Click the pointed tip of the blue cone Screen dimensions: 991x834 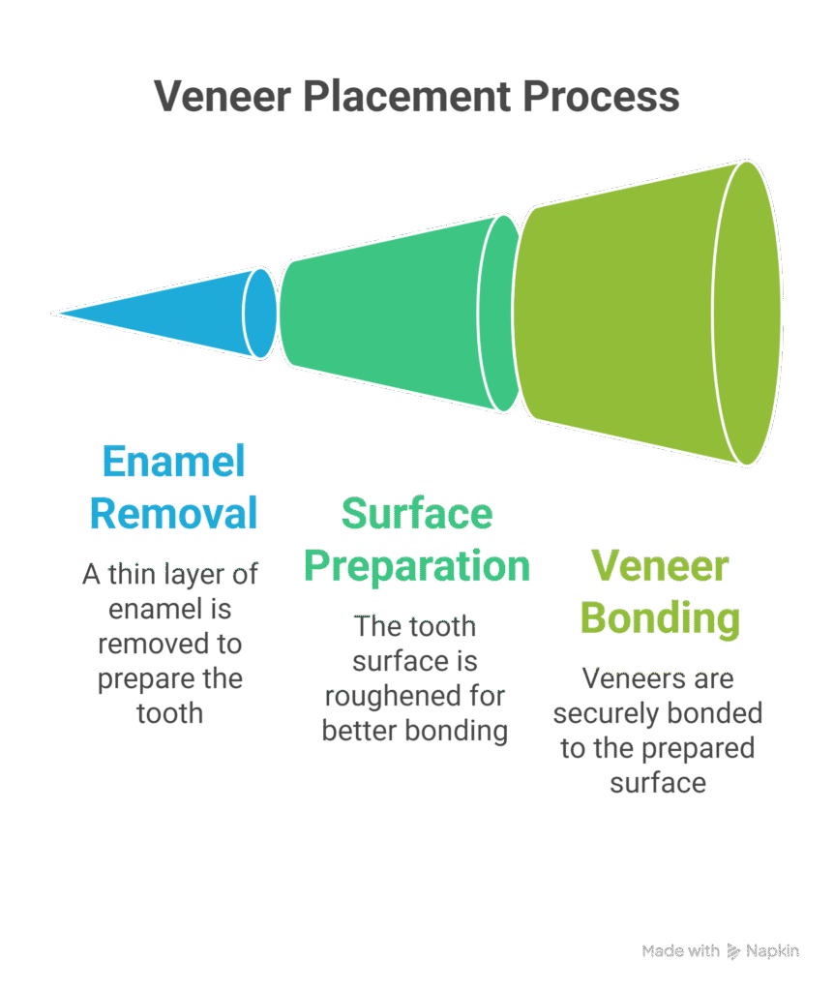(x=58, y=313)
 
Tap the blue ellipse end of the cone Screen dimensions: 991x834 (x=259, y=313)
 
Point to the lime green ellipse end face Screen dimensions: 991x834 (x=747, y=313)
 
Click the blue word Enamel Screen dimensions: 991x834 (x=173, y=461)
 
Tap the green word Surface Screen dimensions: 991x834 (x=417, y=513)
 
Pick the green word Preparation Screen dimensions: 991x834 (x=417, y=565)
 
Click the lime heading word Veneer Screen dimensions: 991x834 (x=659, y=565)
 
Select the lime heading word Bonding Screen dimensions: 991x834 (x=659, y=617)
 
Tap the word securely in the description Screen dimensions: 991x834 (x=605, y=714)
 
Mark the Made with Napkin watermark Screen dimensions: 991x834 (x=720, y=951)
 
